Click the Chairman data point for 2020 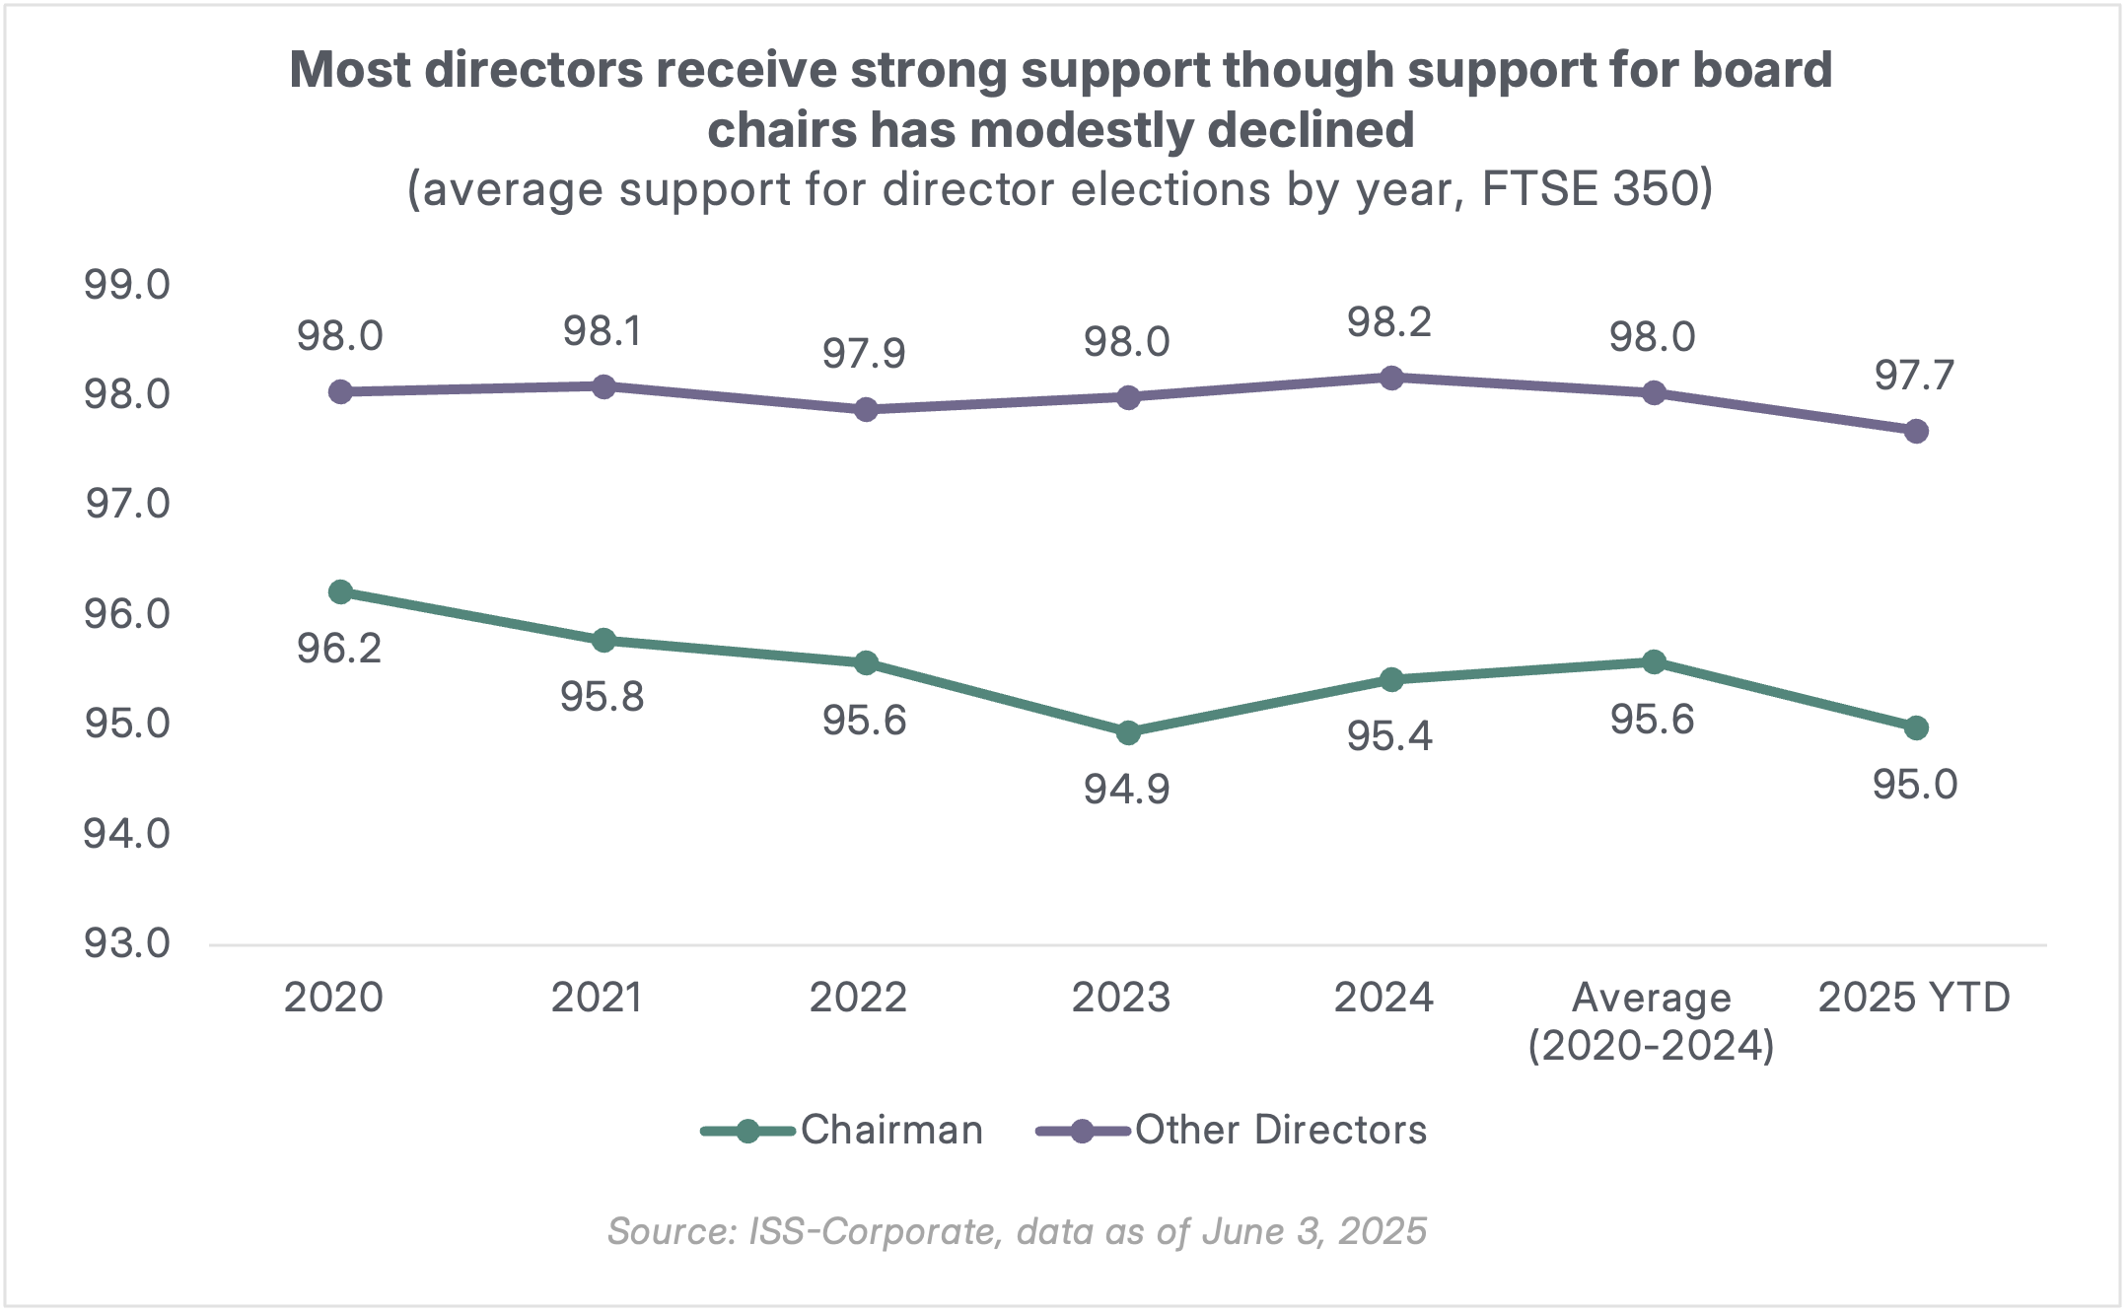click(x=340, y=592)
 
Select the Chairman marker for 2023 click(x=1128, y=733)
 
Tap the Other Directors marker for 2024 click(x=1391, y=378)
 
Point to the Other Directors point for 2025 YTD click(x=1916, y=432)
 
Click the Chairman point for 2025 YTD click(x=1916, y=728)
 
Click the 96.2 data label click(x=339, y=649)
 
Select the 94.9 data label click(x=1126, y=790)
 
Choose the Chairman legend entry click(x=843, y=1131)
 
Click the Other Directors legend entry click(x=1232, y=1131)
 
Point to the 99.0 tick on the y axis click(x=127, y=286)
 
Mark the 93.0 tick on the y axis click(x=127, y=944)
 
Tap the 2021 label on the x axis click(x=597, y=999)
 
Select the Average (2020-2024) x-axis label click(x=1652, y=1022)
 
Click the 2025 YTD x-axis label click(x=1914, y=999)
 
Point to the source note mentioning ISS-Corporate click(x=1017, y=1232)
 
